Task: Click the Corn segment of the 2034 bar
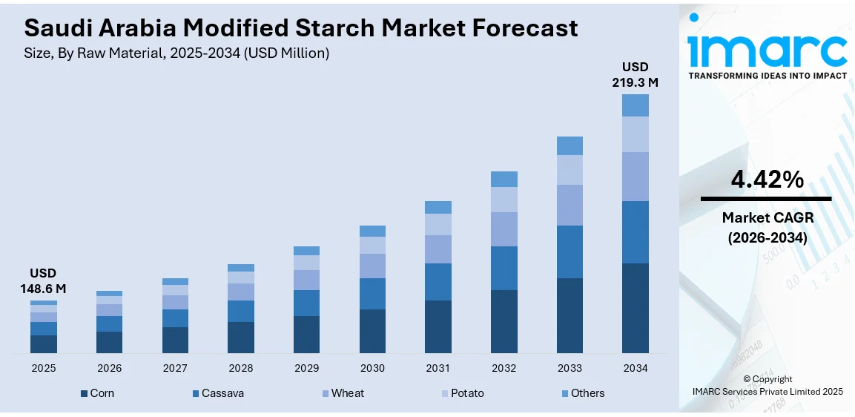click(x=635, y=308)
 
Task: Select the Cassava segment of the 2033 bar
click(x=570, y=252)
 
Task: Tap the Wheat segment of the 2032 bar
click(x=504, y=229)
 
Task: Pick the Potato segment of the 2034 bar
click(x=635, y=134)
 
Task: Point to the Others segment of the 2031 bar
click(x=438, y=207)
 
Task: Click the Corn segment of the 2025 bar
click(x=44, y=344)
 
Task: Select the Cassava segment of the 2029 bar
click(x=306, y=303)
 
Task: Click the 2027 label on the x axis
click(x=175, y=368)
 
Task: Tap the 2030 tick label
click(x=372, y=368)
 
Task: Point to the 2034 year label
click(x=635, y=368)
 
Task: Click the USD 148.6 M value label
click(x=43, y=280)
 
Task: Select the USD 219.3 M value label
click(x=635, y=75)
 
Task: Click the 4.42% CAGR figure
click(x=766, y=179)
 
